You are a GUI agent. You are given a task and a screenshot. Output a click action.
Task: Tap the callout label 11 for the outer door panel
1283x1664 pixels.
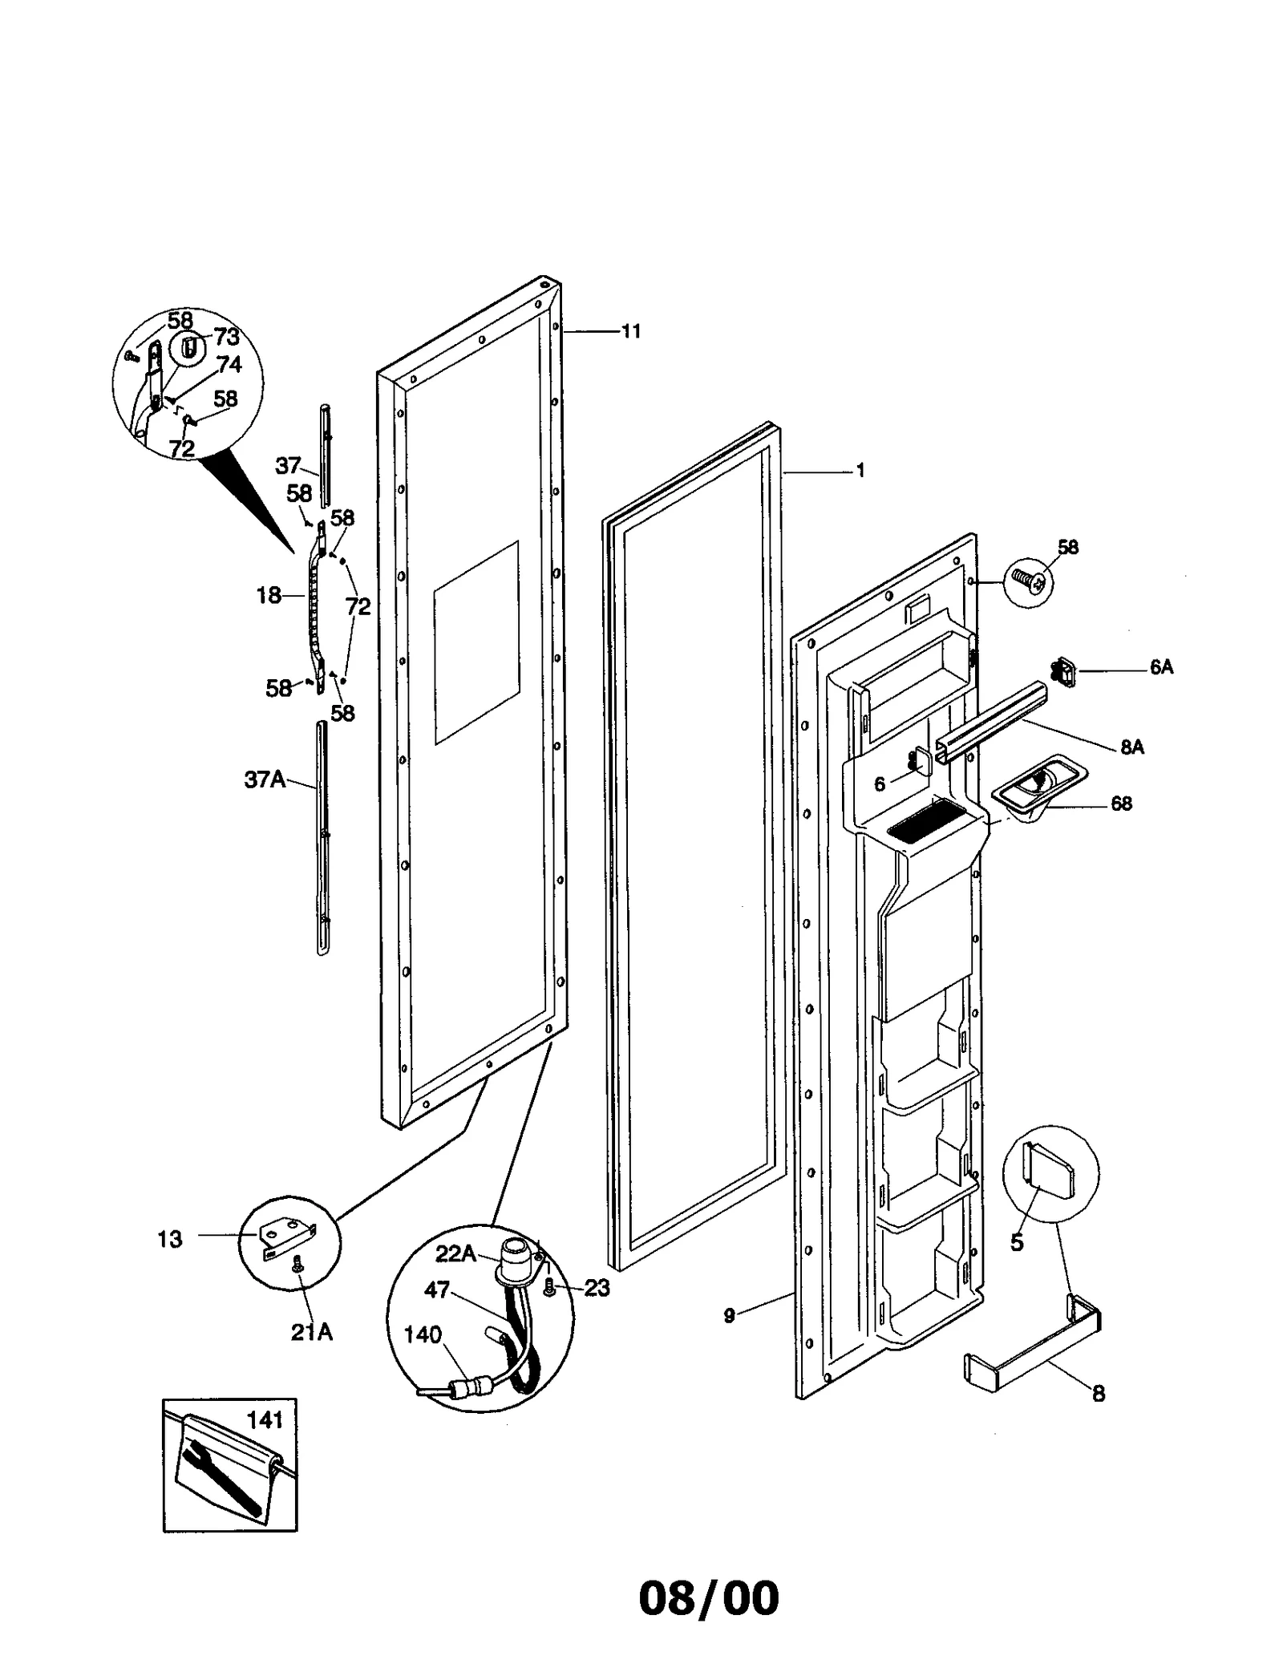[631, 331]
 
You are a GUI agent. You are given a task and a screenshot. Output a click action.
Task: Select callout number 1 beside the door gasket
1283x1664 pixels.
[860, 471]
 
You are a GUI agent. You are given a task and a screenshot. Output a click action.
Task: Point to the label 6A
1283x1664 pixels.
[1161, 667]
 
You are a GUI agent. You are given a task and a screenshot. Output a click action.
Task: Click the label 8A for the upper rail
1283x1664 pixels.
[1132, 747]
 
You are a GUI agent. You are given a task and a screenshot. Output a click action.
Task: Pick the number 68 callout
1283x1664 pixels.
[1121, 804]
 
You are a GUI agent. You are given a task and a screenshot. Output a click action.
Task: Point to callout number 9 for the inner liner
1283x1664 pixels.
[729, 1316]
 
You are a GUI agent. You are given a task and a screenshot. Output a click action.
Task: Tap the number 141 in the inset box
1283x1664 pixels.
[265, 1420]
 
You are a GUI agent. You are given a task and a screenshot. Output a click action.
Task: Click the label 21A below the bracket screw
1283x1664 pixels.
[311, 1332]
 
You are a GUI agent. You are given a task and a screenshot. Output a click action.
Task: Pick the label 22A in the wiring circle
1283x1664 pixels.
[455, 1253]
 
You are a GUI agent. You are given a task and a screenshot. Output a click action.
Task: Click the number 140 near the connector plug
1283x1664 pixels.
[423, 1334]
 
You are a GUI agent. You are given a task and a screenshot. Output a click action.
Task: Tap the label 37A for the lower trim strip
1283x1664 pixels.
[265, 779]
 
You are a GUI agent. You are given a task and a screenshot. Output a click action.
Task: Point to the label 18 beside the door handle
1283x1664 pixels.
[269, 595]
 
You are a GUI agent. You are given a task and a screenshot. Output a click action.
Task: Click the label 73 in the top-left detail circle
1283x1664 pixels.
[227, 338]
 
